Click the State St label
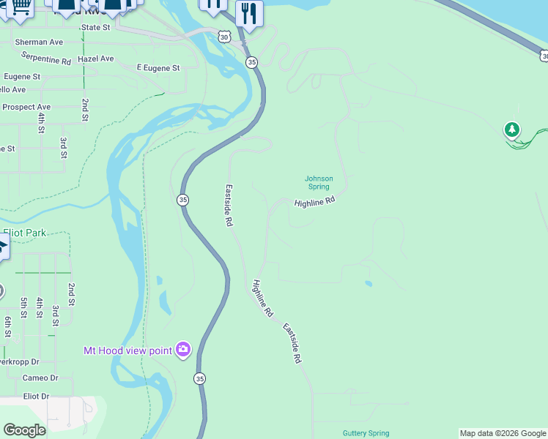[95, 27]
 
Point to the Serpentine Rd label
[46, 58]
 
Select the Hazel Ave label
[96, 59]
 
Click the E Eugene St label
[158, 68]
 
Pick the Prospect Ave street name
[26, 107]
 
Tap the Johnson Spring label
[319, 182]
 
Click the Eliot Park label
[24, 233]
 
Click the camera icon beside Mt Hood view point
[183, 350]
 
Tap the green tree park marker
[511, 130]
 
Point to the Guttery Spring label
[366, 433]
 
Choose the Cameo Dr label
[40, 378]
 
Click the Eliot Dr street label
[35, 396]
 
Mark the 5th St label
[24, 307]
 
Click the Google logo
[24, 430]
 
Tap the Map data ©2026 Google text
[503, 433]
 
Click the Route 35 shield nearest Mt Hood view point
[200, 378]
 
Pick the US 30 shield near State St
[224, 36]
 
